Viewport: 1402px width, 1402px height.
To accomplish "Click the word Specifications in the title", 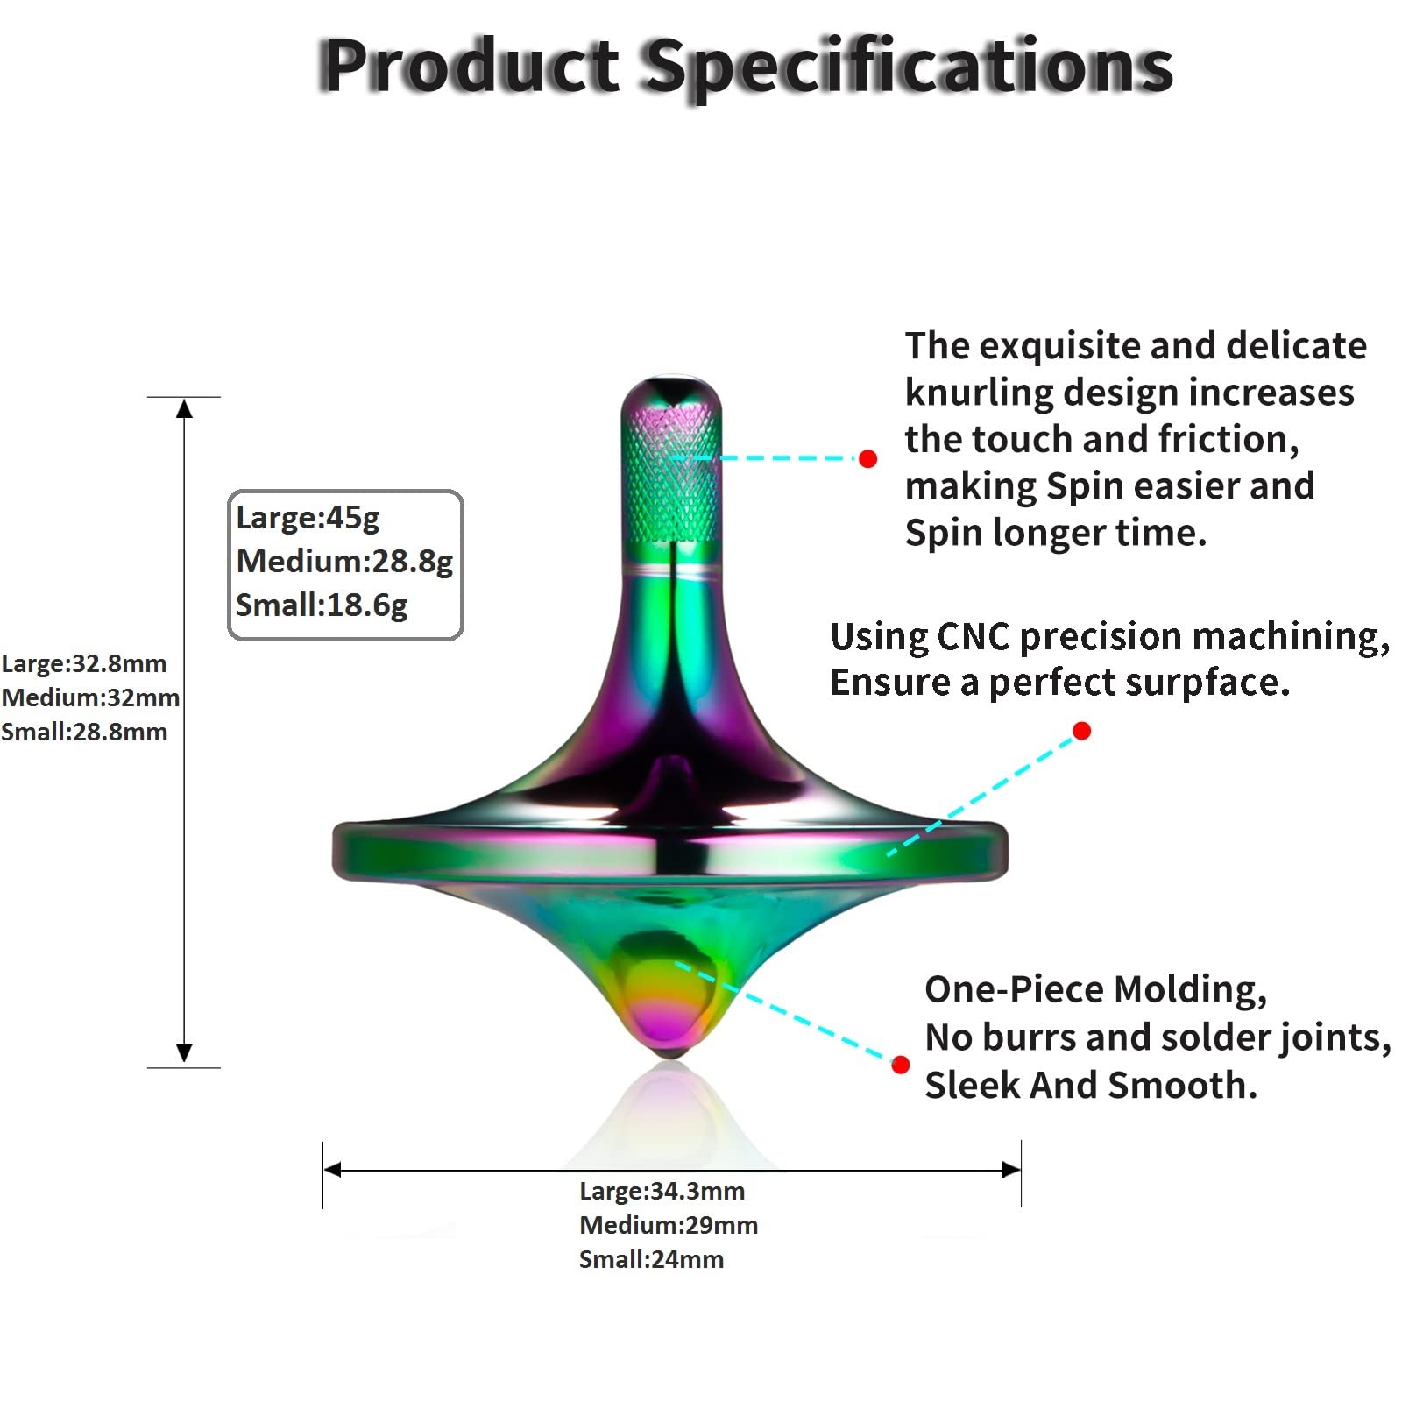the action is tap(910, 68).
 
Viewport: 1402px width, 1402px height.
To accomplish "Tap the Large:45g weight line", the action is tap(308, 517).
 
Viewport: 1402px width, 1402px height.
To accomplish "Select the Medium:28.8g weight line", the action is tap(344, 561).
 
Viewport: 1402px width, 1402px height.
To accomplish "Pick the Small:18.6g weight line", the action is tap(322, 605).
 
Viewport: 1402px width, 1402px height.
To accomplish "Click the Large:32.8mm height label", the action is tap(84, 663).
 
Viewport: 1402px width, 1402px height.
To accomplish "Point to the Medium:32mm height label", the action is tap(90, 697).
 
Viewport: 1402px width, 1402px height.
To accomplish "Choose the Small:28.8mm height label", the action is tap(84, 732).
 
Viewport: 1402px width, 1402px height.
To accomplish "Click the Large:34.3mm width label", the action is tap(662, 1191).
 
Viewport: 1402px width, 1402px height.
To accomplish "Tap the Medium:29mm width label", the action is tap(669, 1225).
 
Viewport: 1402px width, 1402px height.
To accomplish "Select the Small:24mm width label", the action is tap(651, 1259).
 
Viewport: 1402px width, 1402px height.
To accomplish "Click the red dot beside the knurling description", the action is tap(867, 458).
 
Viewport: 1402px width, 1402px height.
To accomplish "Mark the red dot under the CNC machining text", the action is tap(1081, 731).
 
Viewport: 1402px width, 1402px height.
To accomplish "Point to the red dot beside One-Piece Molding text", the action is tap(900, 1065).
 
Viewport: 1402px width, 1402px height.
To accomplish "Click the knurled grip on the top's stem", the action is tap(671, 473).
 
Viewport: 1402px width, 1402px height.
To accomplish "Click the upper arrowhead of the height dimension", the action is tap(184, 408).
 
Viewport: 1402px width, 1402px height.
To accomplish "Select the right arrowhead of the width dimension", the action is tap(1011, 1169).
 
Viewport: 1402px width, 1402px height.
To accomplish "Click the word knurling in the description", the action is tap(977, 393).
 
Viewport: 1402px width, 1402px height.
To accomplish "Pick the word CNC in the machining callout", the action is tap(973, 636).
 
